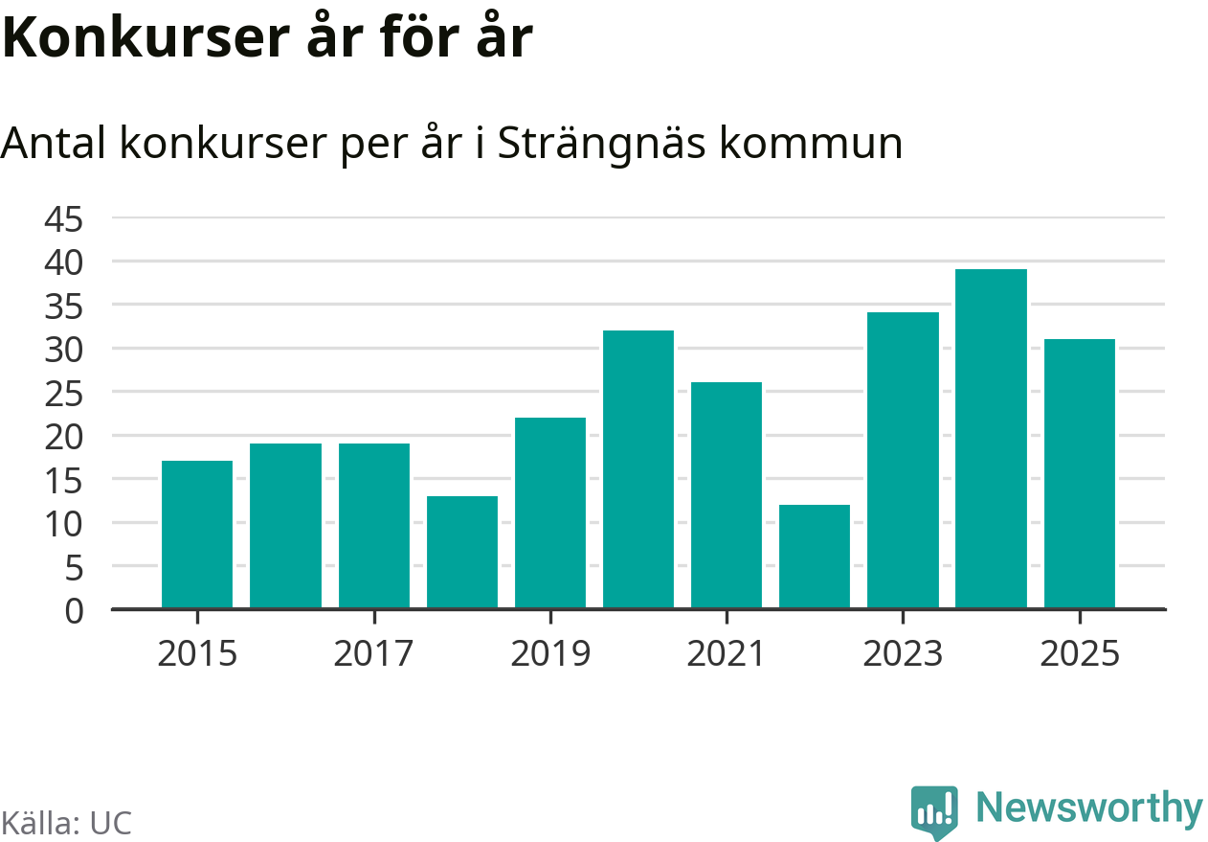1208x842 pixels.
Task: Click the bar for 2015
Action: coord(197,535)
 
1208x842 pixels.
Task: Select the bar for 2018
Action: coord(462,552)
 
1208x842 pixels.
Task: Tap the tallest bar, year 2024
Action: coord(991,439)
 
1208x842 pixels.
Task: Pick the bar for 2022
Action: coord(815,557)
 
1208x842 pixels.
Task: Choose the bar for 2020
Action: coord(638,469)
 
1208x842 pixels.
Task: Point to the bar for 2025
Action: coord(1079,473)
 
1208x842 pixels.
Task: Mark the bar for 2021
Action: coord(727,495)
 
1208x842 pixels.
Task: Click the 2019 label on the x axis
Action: coord(550,654)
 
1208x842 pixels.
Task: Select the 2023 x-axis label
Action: coord(903,654)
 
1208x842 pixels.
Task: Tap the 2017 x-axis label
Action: coord(374,654)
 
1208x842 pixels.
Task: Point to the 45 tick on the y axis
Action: coord(64,219)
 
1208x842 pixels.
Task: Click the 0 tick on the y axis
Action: coord(74,611)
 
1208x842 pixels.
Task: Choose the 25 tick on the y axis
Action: coord(64,394)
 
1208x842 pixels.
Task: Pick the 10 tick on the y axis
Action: coord(64,524)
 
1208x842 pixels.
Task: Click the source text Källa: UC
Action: coord(66,823)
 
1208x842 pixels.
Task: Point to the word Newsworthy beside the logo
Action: coord(1089,808)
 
